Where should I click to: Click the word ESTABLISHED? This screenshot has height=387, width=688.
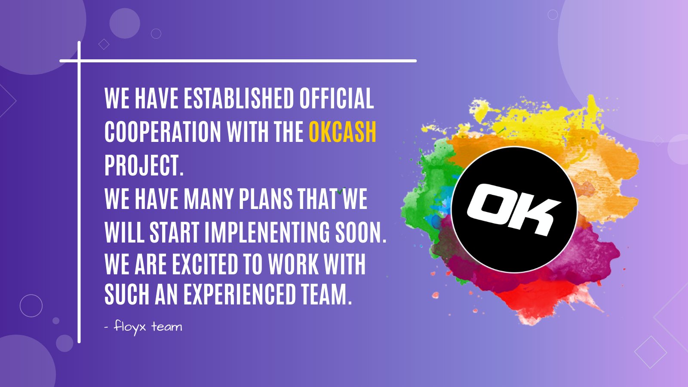coord(239,98)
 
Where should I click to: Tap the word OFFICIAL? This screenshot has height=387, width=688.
coord(337,98)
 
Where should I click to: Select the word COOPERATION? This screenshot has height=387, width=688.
coord(163,132)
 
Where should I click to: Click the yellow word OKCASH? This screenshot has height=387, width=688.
coord(342,132)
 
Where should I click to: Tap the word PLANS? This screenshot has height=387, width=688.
coord(266,199)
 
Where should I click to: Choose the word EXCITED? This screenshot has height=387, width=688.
coord(206,264)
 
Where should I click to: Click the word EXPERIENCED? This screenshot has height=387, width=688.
coord(240,294)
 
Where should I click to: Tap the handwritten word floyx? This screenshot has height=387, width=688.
coord(129,326)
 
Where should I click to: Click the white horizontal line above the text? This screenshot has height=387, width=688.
coord(238,61)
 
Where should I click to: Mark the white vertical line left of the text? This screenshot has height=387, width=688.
coord(79,192)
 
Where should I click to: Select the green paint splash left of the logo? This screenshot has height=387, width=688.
coord(430,190)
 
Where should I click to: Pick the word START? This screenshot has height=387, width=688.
coord(175,232)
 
